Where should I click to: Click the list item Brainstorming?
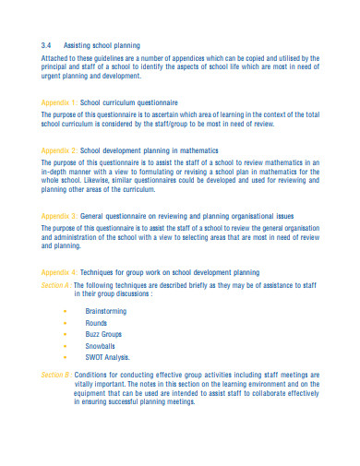(x=106, y=313)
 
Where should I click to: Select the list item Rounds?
(x=96, y=324)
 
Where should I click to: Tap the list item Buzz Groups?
(x=103, y=335)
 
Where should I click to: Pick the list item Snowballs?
(x=100, y=346)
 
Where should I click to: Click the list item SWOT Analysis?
(x=107, y=357)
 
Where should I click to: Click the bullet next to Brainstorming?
(x=65, y=313)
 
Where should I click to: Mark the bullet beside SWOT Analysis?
(x=65, y=357)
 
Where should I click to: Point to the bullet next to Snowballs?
(x=65, y=346)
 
